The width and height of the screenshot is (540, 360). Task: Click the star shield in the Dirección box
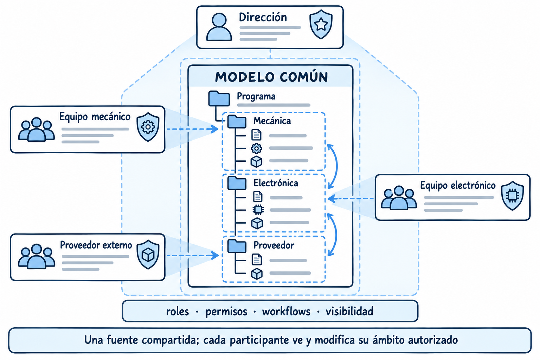click(321, 24)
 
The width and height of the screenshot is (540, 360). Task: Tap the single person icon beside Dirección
click(219, 27)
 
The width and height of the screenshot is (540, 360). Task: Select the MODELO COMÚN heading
click(271, 77)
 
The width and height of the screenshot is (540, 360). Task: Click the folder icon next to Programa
click(219, 99)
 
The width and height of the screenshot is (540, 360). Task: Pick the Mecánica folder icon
click(237, 122)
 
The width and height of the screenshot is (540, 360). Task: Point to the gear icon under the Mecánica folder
click(256, 148)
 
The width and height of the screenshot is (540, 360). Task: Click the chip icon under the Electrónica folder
click(258, 210)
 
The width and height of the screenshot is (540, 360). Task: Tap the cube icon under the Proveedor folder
click(257, 274)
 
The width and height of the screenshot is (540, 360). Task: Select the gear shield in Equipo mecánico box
click(148, 127)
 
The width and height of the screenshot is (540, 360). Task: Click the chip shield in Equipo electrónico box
click(512, 195)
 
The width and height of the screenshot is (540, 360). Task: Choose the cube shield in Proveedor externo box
click(148, 255)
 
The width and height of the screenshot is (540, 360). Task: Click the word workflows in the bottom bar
click(286, 311)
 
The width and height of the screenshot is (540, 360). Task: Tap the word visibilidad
click(349, 311)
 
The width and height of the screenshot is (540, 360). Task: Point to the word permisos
click(226, 312)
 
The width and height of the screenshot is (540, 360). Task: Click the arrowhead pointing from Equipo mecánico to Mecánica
click(214, 129)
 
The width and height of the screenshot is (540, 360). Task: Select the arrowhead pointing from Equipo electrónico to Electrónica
click(332, 199)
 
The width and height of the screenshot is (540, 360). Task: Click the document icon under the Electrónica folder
click(258, 197)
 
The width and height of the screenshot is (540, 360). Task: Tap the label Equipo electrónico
click(458, 185)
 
